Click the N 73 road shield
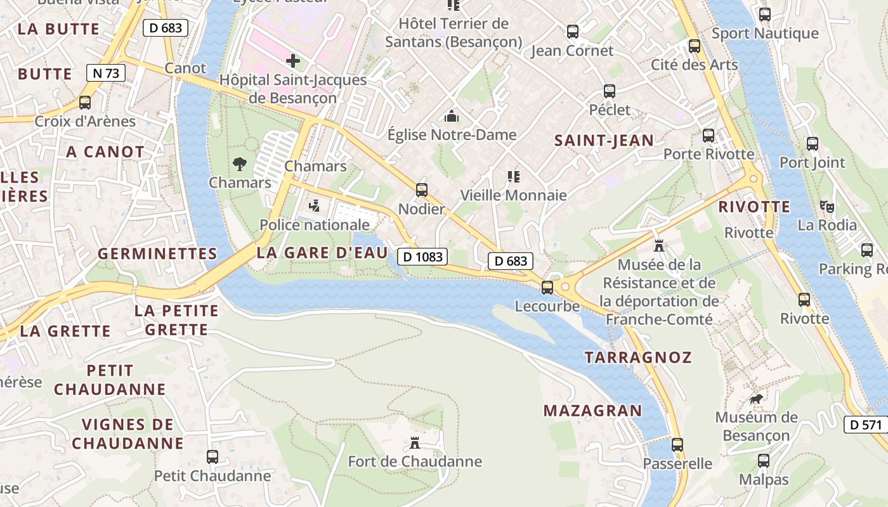(x=106, y=73)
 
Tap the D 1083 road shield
(x=422, y=257)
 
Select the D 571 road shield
(x=865, y=425)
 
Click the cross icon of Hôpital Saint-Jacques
(x=293, y=61)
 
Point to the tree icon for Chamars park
(x=240, y=164)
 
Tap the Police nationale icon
(x=314, y=205)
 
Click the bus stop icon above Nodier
(x=422, y=189)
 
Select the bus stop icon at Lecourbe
(x=547, y=288)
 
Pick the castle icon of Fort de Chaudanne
(x=415, y=442)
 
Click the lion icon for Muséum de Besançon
(x=756, y=399)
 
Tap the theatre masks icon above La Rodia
(x=826, y=206)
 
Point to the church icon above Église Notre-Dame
(x=452, y=116)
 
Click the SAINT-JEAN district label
(x=604, y=141)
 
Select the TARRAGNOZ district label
(x=638, y=357)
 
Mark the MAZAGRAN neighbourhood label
(x=592, y=411)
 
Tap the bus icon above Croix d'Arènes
(x=85, y=102)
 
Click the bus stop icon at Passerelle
(x=677, y=445)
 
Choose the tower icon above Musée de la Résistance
(x=659, y=245)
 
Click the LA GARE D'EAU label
(x=322, y=253)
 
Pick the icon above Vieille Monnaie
(x=514, y=176)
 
